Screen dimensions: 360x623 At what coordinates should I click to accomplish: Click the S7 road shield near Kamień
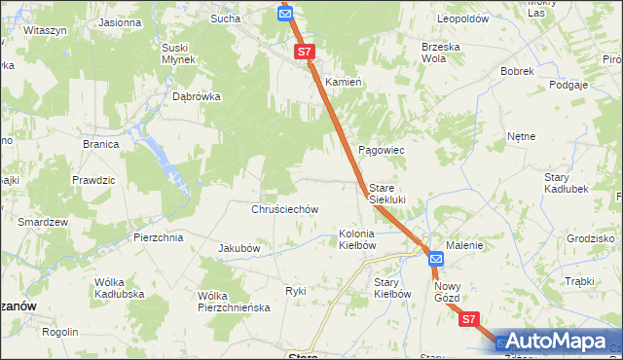(x=305, y=51)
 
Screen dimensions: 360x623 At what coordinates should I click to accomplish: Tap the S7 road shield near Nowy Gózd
(x=469, y=318)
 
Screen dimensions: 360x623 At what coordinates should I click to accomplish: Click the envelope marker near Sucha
(x=284, y=14)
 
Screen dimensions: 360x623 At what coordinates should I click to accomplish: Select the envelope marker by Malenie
(x=436, y=259)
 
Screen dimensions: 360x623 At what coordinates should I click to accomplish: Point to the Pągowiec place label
(x=382, y=150)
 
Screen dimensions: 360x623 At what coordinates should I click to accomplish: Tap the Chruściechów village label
(x=285, y=209)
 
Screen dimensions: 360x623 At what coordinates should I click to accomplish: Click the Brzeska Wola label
(x=440, y=52)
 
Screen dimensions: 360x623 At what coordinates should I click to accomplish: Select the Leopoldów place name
(x=462, y=18)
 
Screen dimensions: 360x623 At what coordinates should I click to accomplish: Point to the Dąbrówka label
(x=197, y=96)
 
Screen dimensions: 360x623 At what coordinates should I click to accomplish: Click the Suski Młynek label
(x=182, y=53)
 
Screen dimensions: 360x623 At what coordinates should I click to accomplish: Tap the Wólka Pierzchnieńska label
(x=233, y=301)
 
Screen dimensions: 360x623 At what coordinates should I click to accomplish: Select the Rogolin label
(x=59, y=331)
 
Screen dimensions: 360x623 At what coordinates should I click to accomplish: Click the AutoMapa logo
(x=558, y=341)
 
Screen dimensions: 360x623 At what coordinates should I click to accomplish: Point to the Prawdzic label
(x=93, y=180)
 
